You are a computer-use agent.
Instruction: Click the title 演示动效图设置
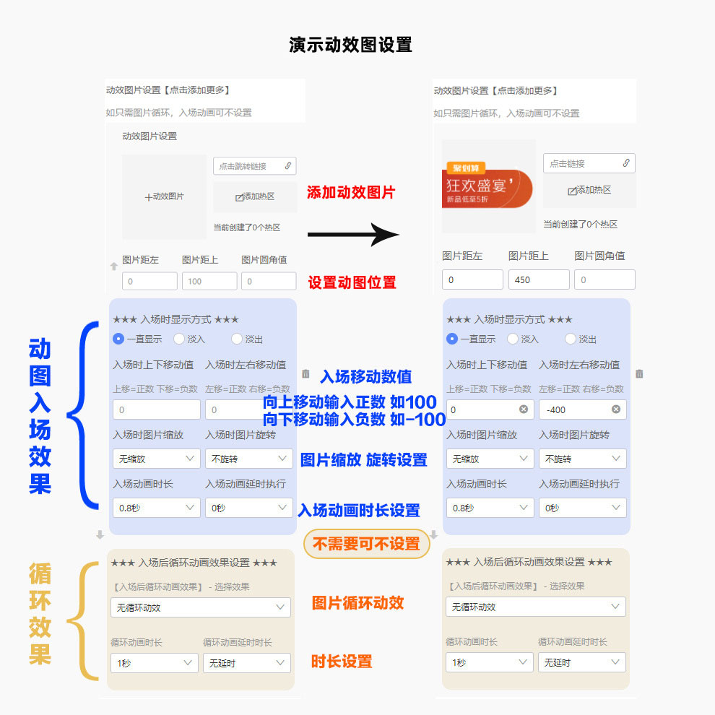point(350,45)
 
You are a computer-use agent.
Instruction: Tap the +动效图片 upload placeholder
point(164,196)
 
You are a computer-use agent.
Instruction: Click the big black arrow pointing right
point(353,234)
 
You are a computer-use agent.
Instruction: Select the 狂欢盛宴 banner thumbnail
point(488,186)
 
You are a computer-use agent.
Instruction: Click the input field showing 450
point(539,279)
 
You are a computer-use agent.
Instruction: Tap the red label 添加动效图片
point(351,193)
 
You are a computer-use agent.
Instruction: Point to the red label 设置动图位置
point(352,282)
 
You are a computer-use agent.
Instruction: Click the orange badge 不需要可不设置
point(366,544)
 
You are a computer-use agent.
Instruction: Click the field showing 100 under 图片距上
point(209,281)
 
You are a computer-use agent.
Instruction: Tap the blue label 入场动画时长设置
point(359,511)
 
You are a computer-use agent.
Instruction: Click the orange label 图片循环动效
point(357,603)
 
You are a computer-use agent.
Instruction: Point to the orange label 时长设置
point(342,661)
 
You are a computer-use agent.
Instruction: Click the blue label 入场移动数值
point(366,376)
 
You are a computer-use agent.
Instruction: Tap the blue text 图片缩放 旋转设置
point(363,460)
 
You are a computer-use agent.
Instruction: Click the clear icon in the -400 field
point(616,409)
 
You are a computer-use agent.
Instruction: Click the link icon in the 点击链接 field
point(626,163)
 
